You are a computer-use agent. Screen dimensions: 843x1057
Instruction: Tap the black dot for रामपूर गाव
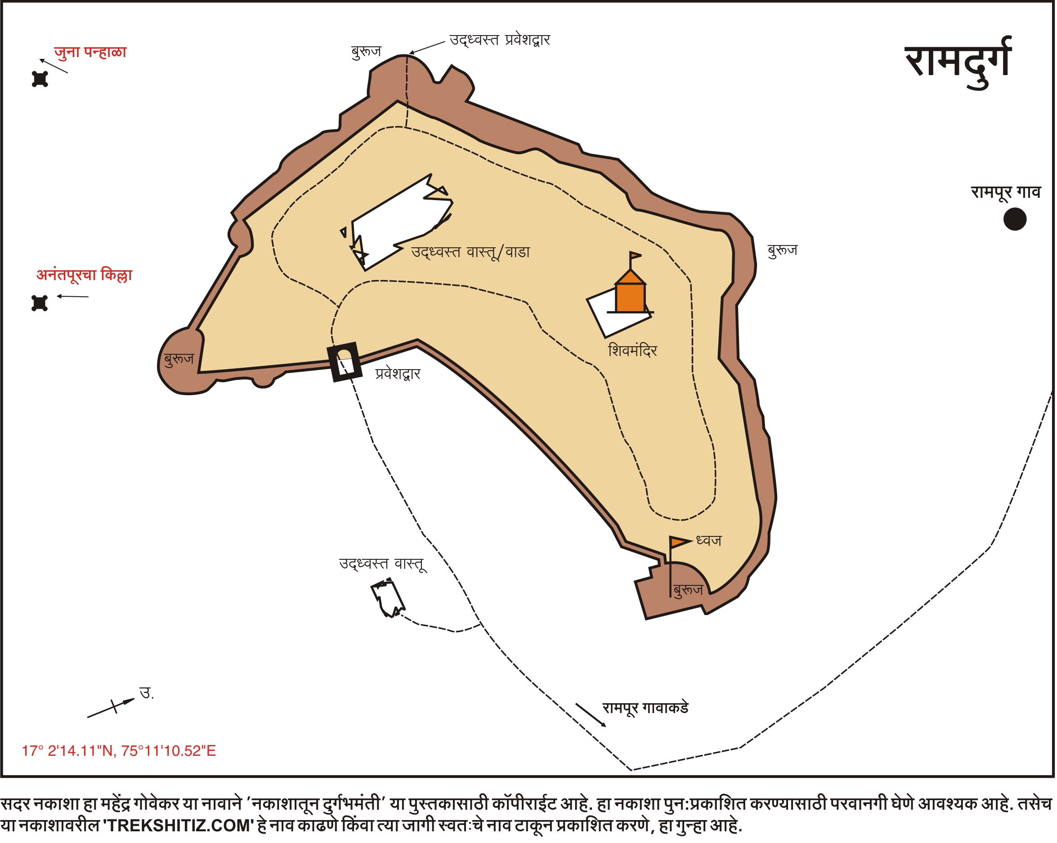(1015, 219)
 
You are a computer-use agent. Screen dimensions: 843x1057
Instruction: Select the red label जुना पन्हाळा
(90, 52)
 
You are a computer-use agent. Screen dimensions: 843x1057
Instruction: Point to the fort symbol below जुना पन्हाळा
(40, 79)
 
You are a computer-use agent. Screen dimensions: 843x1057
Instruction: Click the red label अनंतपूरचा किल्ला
(84, 275)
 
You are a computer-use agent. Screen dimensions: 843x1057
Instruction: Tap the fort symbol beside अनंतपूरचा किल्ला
(39, 303)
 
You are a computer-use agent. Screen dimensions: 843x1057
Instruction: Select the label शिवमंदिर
(632, 350)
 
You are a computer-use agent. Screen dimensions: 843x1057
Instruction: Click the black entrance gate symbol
(345, 362)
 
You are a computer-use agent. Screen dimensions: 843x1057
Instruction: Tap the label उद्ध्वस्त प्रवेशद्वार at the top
(500, 40)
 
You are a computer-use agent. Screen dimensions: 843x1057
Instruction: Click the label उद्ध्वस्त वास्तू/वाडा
(470, 252)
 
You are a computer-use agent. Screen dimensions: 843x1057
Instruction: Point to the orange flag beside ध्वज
(680, 542)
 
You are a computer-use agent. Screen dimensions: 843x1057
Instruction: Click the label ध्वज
(708, 540)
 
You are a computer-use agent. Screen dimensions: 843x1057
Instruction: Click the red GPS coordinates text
(119, 751)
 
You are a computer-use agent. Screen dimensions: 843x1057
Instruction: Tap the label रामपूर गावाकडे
(645, 708)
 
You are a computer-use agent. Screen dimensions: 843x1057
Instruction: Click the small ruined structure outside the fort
(388, 598)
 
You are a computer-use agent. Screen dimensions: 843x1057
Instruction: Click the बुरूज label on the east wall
(783, 250)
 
